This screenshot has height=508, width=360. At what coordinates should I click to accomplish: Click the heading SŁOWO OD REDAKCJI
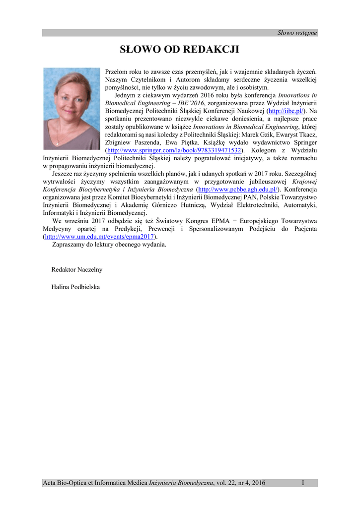click(180, 50)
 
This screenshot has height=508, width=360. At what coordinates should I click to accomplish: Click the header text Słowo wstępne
click(297, 33)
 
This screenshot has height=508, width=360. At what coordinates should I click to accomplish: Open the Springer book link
click(174, 150)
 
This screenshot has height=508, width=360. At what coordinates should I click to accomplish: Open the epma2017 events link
click(100, 237)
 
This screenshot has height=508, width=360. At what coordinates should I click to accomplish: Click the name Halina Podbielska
click(75, 287)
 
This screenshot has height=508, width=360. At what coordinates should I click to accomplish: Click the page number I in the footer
click(302, 483)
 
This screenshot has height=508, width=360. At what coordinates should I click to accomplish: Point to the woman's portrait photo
click(71, 108)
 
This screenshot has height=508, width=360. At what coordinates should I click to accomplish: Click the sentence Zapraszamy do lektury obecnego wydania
click(109, 245)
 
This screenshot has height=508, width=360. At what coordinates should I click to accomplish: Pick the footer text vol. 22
click(225, 483)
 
